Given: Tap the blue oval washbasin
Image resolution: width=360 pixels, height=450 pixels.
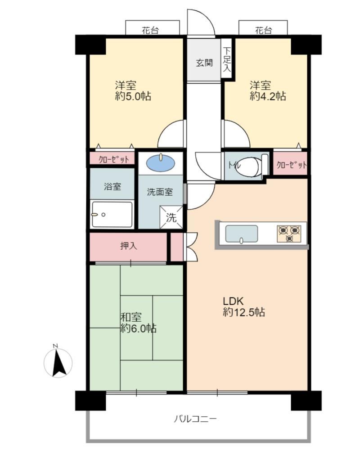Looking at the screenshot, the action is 161,163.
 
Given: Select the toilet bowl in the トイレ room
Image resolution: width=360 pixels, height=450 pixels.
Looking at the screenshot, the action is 248,166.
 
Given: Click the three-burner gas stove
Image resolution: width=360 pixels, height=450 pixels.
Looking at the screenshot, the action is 289,233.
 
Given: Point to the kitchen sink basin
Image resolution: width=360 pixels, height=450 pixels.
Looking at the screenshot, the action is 242,234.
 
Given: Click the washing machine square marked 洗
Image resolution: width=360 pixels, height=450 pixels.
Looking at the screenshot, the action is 171,217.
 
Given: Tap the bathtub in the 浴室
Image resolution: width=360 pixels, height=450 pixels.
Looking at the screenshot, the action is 112,214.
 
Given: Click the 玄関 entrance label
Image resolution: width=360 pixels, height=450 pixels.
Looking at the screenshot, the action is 204,63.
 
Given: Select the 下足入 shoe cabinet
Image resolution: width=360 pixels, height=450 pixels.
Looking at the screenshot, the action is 226,58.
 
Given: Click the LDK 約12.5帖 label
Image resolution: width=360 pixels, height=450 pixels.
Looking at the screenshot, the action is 244,306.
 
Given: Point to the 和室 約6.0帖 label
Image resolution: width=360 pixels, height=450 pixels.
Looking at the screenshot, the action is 138,323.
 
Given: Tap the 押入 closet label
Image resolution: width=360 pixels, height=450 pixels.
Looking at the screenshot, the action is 129,246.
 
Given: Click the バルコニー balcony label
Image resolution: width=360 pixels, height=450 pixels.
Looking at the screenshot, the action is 195,419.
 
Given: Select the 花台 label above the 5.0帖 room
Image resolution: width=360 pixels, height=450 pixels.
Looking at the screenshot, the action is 150,30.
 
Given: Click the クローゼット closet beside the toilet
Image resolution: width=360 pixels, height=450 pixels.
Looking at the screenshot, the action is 290,163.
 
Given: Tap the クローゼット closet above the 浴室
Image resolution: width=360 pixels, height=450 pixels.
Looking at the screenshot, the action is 112,158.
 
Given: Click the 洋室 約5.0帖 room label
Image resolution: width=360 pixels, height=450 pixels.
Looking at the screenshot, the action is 133,91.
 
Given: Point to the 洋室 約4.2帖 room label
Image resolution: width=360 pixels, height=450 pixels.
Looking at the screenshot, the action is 268,91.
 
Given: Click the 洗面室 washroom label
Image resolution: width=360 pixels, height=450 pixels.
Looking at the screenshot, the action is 160,192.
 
